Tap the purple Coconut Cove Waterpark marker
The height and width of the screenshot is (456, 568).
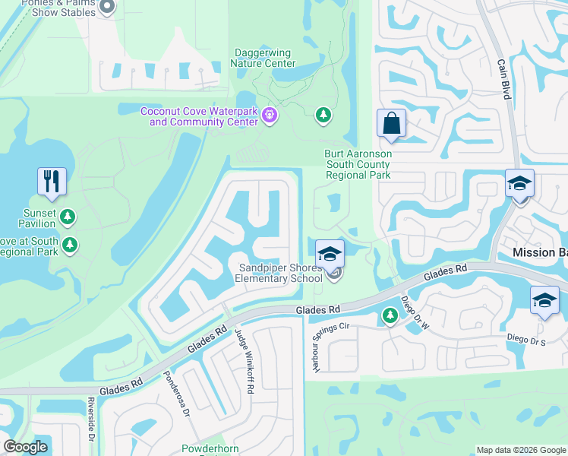(x=270, y=116)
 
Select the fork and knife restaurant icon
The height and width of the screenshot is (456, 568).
(x=52, y=181)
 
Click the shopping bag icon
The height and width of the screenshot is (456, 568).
(x=391, y=122)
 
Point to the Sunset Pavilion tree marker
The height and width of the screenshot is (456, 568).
(x=68, y=217)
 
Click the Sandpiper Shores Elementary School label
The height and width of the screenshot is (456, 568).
(x=280, y=273)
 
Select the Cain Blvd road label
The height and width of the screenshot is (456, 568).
(x=503, y=80)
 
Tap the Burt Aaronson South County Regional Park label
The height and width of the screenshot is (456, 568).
(x=358, y=164)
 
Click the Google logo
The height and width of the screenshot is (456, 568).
(x=26, y=447)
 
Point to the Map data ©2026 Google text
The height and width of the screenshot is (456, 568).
(x=521, y=450)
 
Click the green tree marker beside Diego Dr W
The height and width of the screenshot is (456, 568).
(x=390, y=315)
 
